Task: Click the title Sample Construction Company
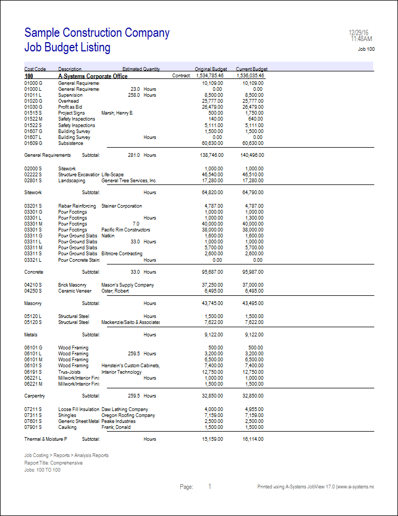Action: pos(97,33)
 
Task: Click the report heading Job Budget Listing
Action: pos(68,48)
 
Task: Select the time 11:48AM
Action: pos(361,39)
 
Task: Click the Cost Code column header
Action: pos(35,69)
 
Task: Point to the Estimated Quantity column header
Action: pos(141,69)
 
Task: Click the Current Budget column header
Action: pos(252,69)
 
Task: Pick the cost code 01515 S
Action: pos(33,113)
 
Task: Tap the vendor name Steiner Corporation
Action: pos(122,206)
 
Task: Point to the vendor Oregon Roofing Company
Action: pos(128,415)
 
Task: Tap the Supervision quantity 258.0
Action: pos(134,95)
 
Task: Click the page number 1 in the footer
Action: pos(210,487)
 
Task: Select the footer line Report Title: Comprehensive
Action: pos(53,463)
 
